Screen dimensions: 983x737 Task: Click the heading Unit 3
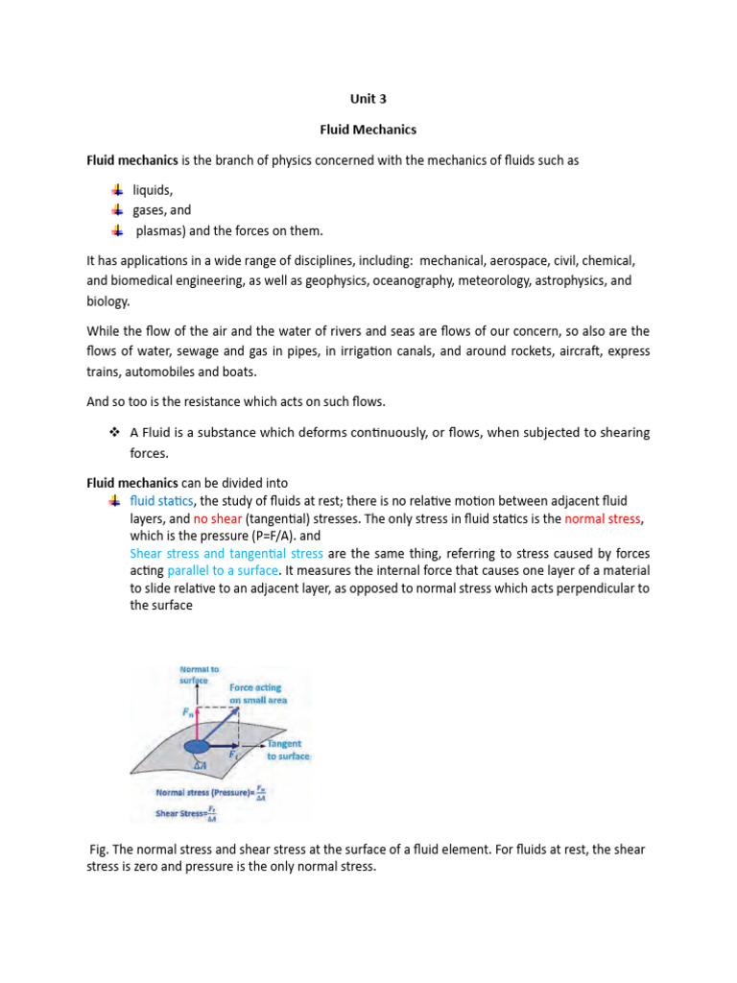368,97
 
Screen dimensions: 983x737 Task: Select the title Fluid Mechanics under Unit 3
368,129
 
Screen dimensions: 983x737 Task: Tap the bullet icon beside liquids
116,189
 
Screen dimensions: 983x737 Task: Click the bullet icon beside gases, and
116,209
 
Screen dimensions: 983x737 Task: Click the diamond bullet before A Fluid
112,433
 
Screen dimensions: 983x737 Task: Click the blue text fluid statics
162,501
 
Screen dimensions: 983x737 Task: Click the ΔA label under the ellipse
199,765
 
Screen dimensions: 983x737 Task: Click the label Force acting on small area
257,694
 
